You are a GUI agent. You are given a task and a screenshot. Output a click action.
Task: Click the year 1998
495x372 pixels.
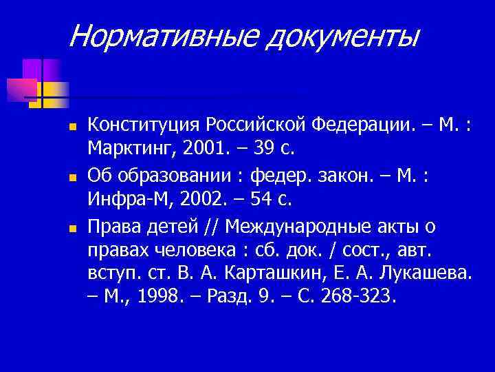tap(157, 297)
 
